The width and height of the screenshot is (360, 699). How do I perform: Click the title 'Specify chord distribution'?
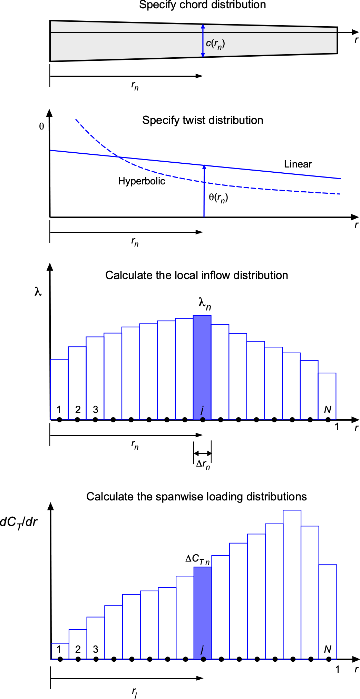point(202,5)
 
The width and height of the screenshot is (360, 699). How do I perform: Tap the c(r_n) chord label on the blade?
point(215,44)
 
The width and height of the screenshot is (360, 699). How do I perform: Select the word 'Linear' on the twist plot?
point(298,164)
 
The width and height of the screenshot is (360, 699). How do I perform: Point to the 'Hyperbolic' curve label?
point(142,181)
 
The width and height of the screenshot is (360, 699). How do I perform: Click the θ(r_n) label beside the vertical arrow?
point(218,198)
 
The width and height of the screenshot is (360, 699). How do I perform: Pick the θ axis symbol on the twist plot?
point(41,127)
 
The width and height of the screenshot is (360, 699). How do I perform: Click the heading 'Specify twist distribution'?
point(203,120)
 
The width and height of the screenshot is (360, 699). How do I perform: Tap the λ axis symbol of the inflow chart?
point(38,292)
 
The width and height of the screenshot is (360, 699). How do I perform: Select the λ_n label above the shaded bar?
point(205,304)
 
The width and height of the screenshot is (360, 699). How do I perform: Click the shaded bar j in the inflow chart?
point(202,366)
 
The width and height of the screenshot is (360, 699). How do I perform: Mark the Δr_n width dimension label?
point(203,464)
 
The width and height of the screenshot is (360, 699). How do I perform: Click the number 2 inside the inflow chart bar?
point(78,410)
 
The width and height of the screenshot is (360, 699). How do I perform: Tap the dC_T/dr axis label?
point(19,522)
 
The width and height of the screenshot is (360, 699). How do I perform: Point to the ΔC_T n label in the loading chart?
point(197,559)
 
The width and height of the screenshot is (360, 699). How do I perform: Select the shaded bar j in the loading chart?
point(203,611)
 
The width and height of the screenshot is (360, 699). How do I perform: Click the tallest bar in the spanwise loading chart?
point(292,584)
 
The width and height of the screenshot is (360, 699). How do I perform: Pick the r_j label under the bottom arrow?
point(134,692)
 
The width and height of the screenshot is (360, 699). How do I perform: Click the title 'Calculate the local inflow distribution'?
point(196,275)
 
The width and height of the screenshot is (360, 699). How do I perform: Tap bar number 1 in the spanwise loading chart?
point(60,651)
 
